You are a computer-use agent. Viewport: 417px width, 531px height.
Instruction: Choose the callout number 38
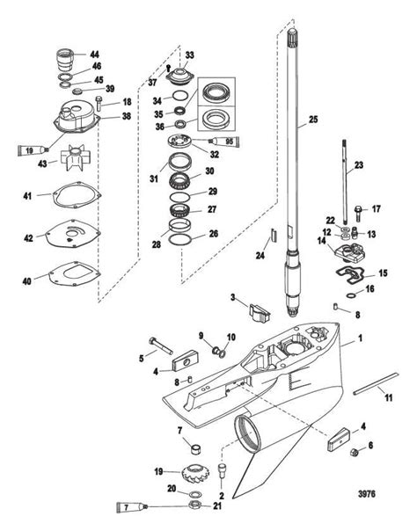pyautogui.click(x=127, y=116)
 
